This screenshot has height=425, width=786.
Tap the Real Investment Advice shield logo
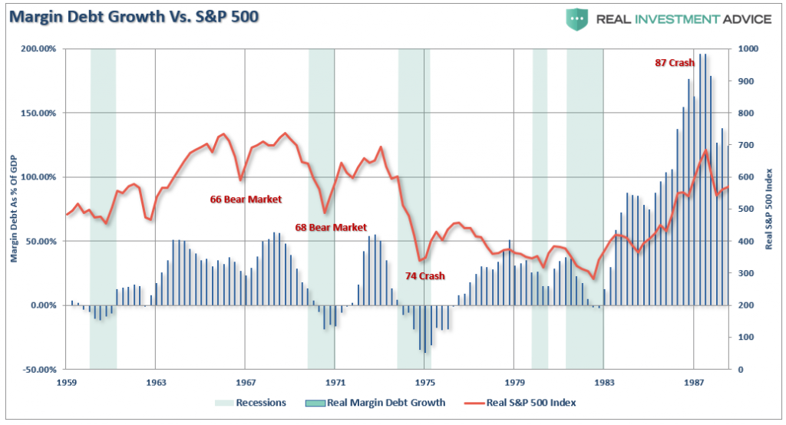tap(577, 18)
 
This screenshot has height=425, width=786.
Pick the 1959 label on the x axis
tap(66, 381)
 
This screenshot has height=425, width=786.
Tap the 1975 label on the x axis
tap(425, 381)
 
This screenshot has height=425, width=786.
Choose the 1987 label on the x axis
tap(695, 381)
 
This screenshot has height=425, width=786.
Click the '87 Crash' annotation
tap(674, 63)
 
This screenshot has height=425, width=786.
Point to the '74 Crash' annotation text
tap(425, 275)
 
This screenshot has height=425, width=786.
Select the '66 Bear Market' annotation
tap(246, 199)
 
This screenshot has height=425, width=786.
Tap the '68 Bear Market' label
tap(331, 227)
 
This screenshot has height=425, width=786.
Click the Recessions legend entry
tap(252, 402)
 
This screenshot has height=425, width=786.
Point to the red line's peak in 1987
tap(705, 150)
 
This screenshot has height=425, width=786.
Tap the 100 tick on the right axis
tap(745, 337)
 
